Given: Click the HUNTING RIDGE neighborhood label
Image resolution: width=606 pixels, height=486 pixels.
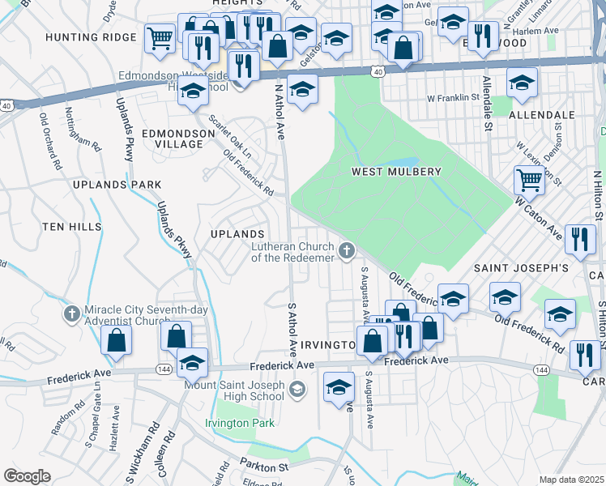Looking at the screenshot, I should pos(91,37).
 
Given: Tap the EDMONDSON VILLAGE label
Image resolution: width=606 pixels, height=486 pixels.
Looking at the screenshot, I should pos(172,138).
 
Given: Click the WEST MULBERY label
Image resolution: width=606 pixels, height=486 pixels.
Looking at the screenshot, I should pos(396,172).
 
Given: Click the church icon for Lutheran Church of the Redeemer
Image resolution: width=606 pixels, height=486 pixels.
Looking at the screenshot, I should pos(348,252).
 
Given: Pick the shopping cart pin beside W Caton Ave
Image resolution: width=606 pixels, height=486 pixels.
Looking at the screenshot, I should pos(529,180).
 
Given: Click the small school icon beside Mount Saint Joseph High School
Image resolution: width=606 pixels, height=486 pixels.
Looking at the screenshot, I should pos(297,391).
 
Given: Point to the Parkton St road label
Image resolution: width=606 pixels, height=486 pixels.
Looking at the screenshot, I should pos(264,466).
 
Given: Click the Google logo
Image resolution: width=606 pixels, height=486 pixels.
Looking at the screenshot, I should pos(27,475).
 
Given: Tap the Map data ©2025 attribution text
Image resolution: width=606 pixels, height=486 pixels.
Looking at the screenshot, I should pos(571,480).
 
